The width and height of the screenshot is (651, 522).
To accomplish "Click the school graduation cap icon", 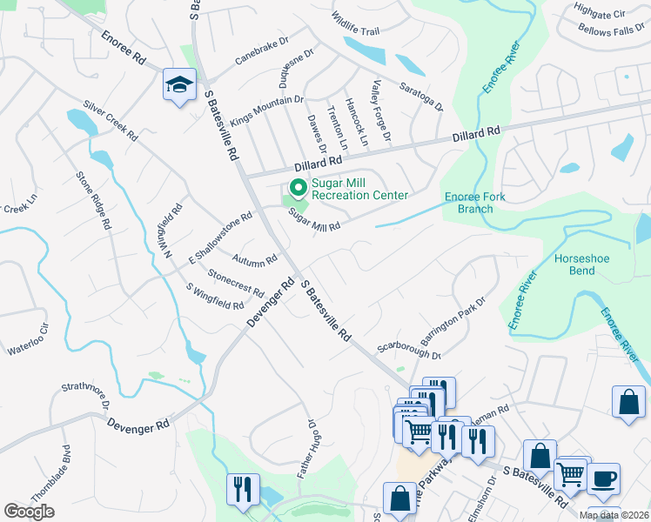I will pos(179,85).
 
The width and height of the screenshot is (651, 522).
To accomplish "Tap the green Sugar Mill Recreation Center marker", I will pos(297,187).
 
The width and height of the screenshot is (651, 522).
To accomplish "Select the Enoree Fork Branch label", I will pos(474,203).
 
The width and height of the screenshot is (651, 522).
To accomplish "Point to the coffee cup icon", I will pos(603,478).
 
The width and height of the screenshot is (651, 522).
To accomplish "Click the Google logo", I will pos(29,512).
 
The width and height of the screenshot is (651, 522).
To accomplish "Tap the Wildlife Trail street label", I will pos(355,23).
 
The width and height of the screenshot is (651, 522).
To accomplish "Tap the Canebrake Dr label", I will pos(262,51).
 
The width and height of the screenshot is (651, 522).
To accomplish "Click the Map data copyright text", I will pos(614,515).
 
